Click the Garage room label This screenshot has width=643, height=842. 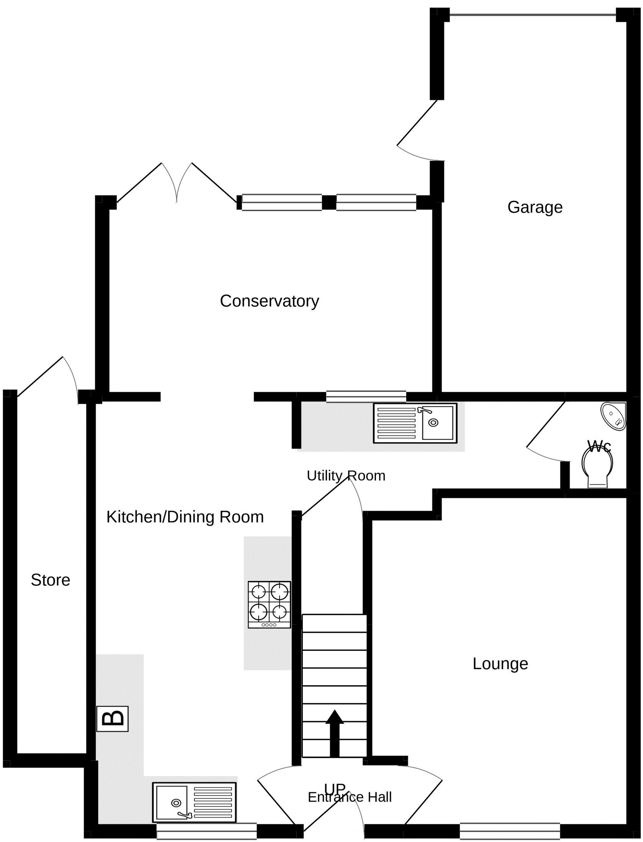(x=535, y=207)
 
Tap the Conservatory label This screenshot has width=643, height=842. (x=269, y=301)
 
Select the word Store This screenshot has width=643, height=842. (x=50, y=580)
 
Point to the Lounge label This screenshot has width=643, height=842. (x=500, y=663)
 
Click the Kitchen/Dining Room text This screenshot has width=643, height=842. (x=185, y=517)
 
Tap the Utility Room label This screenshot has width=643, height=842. (x=346, y=476)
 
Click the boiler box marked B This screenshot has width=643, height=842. (x=112, y=718)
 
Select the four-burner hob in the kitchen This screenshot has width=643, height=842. (x=269, y=604)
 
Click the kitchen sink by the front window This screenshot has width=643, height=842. (x=194, y=802)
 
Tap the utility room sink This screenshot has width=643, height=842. (x=415, y=423)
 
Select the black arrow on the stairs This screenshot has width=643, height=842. (x=335, y=733)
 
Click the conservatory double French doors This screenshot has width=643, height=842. (x=177, y=183)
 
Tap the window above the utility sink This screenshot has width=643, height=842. (x=366, y=396)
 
